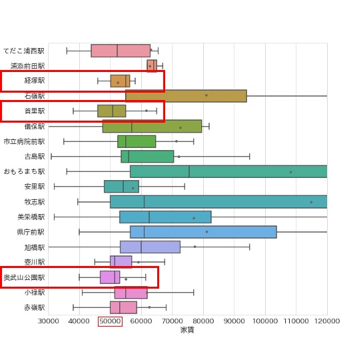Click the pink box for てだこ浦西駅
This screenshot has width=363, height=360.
[121, 51]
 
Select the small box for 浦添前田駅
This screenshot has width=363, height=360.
[152, 65]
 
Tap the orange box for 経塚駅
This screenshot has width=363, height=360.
[120, 81]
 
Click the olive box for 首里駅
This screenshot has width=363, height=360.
[111, 111]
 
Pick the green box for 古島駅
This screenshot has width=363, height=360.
[147, 157]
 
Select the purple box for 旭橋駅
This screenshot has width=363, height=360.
[150, 247]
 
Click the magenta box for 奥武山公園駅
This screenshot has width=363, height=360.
[110, 277]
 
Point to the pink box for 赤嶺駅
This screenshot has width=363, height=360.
[123, 307]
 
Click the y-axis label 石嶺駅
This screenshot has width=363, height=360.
[35, 96]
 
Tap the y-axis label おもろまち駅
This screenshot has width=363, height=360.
[25, 171]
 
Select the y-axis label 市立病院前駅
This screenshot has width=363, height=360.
[25, 141]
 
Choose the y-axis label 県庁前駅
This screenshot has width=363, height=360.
[31, 232]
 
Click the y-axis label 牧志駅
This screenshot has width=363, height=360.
[35, 202]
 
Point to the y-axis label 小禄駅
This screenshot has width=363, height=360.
[35, 292]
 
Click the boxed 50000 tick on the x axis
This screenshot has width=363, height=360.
[110, 321]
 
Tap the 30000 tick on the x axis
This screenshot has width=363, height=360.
[48, 321]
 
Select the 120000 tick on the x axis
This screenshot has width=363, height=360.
[326, 321]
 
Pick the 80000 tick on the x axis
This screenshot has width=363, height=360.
[203, 321]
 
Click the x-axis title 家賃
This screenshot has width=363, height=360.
[187, 330]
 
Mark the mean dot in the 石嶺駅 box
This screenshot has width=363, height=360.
[206, 95]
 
